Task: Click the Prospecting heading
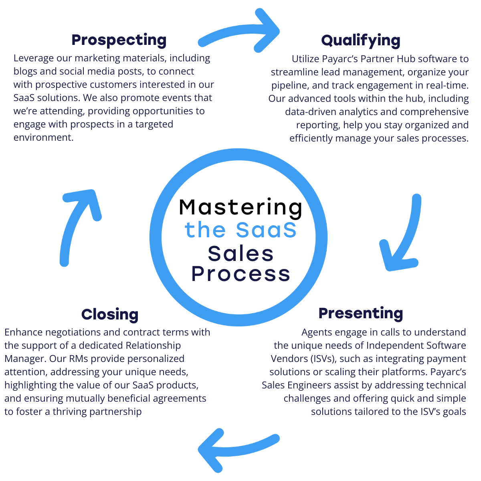[119, 40]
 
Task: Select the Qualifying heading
[361, 40]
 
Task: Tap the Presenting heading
[361, 313]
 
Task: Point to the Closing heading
[110, 314]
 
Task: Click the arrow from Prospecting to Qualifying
[240, 32]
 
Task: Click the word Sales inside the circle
[240, 253]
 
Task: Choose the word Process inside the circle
[240, 274]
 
